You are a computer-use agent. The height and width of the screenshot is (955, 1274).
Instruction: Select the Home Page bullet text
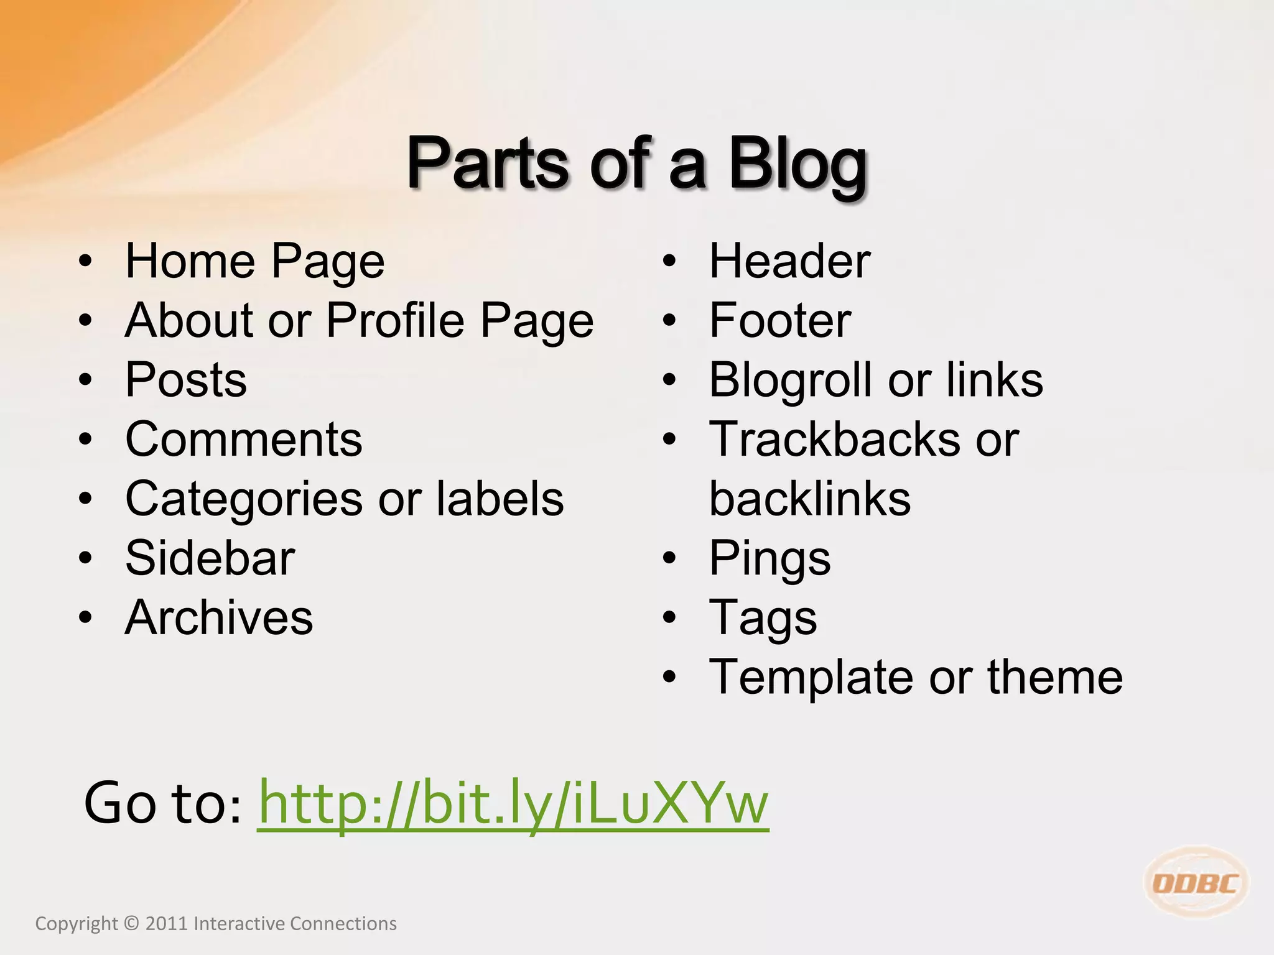click(255, 261)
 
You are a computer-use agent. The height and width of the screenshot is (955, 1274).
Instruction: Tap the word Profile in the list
click(394, 320)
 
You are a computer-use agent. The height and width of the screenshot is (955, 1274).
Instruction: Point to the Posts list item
click(186, 380)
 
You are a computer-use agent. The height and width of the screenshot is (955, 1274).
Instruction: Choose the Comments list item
click(243, 439)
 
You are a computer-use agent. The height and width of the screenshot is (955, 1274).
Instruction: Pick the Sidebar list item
click(210, 558)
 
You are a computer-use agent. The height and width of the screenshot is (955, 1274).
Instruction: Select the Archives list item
click(219, 617)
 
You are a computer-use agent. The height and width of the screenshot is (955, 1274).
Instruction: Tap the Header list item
click(789, 261)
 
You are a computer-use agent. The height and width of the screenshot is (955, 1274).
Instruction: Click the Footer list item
click(780, 320)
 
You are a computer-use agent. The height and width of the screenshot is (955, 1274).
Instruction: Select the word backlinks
click(810, 499)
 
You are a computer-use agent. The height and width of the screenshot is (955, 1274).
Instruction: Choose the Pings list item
click(770, 558)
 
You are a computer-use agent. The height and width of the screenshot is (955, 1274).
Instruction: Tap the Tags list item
click(763, 618)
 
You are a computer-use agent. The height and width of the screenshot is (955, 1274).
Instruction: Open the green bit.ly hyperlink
click(513, 803)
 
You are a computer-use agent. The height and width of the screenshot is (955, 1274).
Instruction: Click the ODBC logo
click(1196, 883)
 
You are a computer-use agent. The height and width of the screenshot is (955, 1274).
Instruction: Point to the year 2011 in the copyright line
click(166, 924)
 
